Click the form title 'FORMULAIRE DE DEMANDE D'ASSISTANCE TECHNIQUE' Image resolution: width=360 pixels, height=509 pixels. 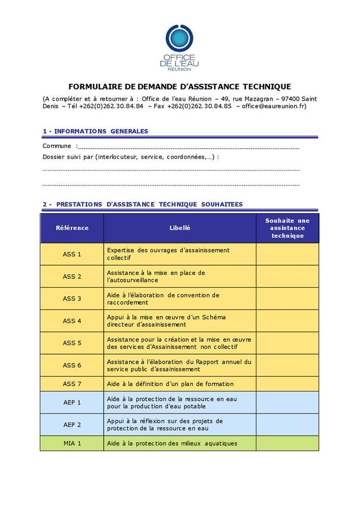(179, 87)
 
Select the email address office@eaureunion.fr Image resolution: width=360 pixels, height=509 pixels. (274, 106)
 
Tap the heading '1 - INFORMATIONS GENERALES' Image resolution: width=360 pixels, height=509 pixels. (95, 131)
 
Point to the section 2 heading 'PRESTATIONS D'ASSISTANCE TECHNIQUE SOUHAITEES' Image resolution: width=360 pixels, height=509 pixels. (143, 204)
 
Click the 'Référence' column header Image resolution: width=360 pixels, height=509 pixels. (72, 228)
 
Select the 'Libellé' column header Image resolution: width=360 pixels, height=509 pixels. (179, 228)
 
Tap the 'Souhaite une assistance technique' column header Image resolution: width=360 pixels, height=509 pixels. (287, 228)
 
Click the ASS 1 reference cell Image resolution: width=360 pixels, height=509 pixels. (72, 255)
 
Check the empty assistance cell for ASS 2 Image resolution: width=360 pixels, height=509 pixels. (287, 277)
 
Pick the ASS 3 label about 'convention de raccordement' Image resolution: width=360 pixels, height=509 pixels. (163, 299)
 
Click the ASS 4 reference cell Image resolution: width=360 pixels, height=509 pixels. (72, 321)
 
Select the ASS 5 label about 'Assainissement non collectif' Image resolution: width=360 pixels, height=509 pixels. (179, 343)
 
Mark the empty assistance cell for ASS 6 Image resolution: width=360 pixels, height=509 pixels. (287, 365)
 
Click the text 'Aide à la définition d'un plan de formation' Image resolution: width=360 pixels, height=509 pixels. (170, 384)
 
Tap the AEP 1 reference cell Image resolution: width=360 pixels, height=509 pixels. (72, 403)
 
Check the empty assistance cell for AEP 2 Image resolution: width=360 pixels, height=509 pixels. (287, 425)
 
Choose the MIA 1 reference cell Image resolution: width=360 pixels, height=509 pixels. (72, 443)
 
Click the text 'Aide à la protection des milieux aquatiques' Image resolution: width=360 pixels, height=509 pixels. (172, 443)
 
